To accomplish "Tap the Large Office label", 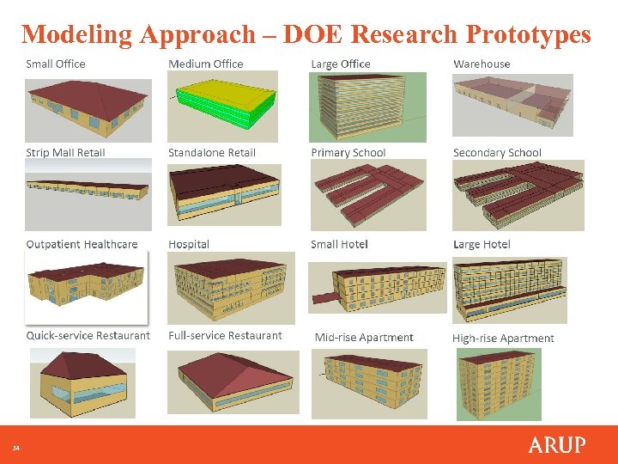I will [x=341, y=64].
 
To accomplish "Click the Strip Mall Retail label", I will [x=65, y=153].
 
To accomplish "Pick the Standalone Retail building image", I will [x=224, y=193].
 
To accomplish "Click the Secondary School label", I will [x=497, y=153].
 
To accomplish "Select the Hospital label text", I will [x=189, y=244].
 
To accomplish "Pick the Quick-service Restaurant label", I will [x=88, y=336].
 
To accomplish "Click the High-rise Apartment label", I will [x=503, y=338].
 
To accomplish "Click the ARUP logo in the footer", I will [x=556, y=445].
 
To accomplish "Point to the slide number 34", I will [x=15, y=448].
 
